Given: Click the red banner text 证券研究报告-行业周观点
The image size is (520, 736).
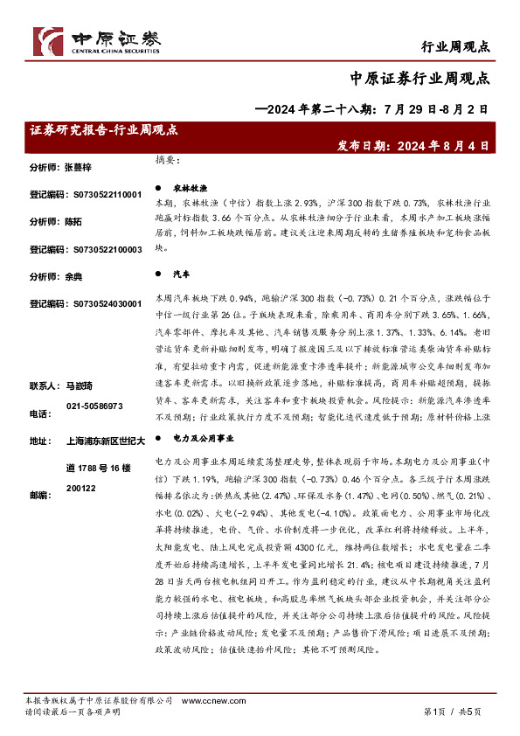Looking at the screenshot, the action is [x=104, y=129].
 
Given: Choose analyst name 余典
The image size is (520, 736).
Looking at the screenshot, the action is [x=73, y=277].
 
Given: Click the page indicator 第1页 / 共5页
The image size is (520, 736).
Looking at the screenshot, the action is [x=452, y=712].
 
